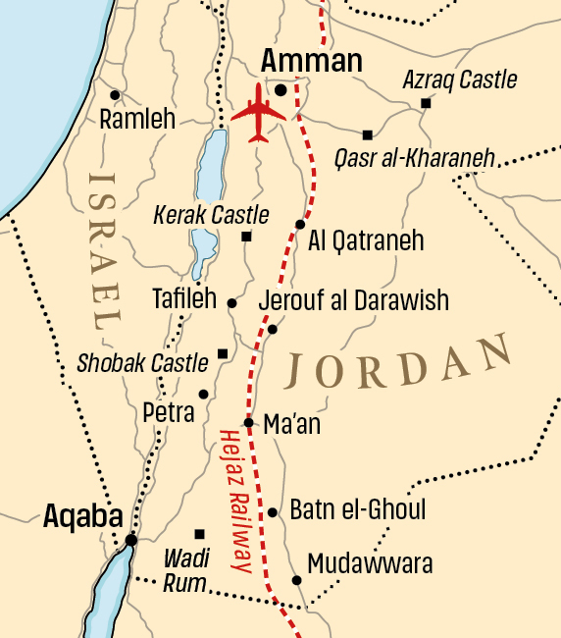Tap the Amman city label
(x=311, y=62)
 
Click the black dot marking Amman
(x=280, y=90)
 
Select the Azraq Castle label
(x=459, y=80)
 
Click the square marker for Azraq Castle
(x=426, y=103)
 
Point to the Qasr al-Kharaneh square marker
(x=368, y=134)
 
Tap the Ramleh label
(x=137, y=120)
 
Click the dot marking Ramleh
(x=115, y=95)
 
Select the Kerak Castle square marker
(x=246, y=237)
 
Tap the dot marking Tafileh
(x=231, y=303)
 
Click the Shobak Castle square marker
(x=223, y=353)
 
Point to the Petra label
(x=169, y=411)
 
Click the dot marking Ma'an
(x=249, y=423)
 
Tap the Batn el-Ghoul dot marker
(x=272, y=512)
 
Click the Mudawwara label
(x=370, y=564)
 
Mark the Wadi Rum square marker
(x=200, y=534)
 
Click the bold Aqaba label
(x=82, y=517)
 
